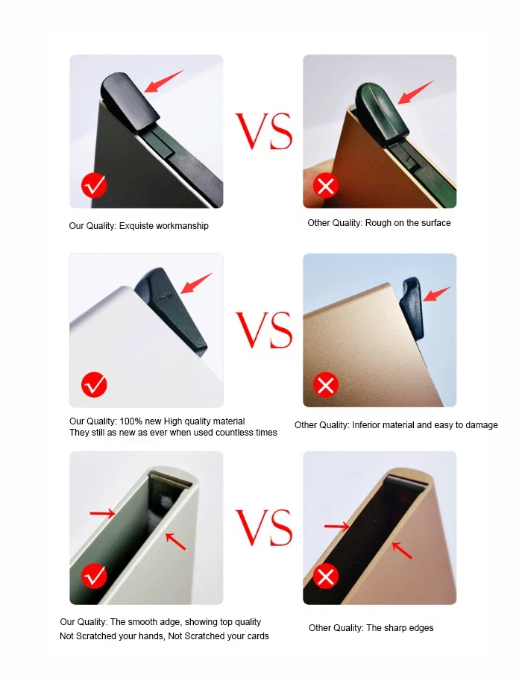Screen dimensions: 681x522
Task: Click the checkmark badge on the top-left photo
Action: coord(94,186)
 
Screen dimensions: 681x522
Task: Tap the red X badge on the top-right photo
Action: coord(326,186)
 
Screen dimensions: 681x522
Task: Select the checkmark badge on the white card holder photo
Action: coord(94,385)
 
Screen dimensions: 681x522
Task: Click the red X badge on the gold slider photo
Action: coord(326,385)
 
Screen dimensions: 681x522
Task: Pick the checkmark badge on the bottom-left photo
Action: coord(94,576)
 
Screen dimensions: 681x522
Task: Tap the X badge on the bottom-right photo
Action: coord(326,576)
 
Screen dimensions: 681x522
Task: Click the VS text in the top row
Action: coord(264,132)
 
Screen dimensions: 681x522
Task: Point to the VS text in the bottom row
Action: coord(264,528)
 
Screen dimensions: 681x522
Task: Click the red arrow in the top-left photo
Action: coord(164,81)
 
